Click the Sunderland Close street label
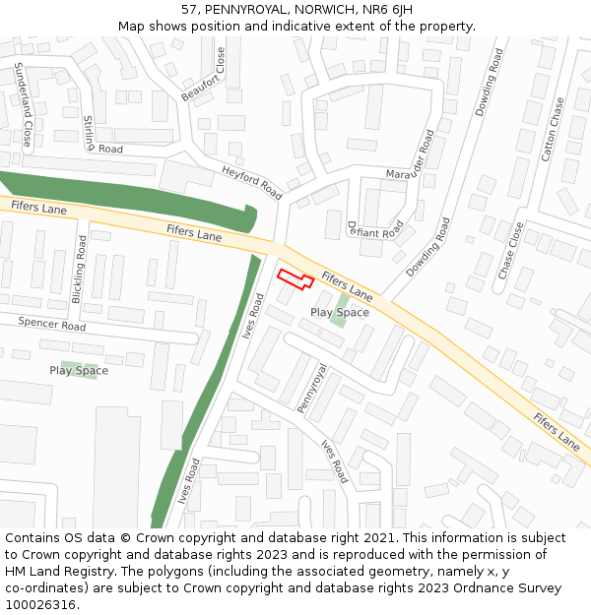[22, 103]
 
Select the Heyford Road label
[252, 177]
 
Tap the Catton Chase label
[553, 129]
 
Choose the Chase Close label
[511, 250]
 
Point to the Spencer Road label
[52, 324]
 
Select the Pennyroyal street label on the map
[311, 388]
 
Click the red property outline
[295, 279]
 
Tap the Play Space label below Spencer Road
[79, 371]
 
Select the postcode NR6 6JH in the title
[387, 9]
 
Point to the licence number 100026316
[39, 605]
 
